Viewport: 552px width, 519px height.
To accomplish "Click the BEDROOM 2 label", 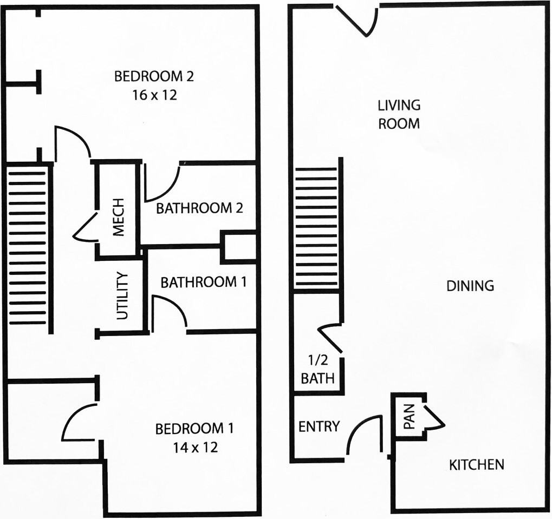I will point(154,76).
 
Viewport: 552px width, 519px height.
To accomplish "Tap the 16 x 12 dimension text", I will point(154,95).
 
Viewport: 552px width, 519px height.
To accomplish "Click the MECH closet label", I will point(118,218).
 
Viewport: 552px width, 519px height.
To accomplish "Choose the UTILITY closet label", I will point(123,296).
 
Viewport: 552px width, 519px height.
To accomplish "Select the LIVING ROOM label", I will point(399,114).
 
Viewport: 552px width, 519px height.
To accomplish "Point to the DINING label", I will point(470,286).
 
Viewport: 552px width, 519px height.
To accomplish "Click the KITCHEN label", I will point(477,464).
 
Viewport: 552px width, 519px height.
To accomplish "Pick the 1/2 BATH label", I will point(317,369).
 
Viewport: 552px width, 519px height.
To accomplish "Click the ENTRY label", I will point(319,426).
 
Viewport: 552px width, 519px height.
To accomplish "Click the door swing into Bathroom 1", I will point(169,313).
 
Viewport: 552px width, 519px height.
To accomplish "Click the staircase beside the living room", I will point(316,227).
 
